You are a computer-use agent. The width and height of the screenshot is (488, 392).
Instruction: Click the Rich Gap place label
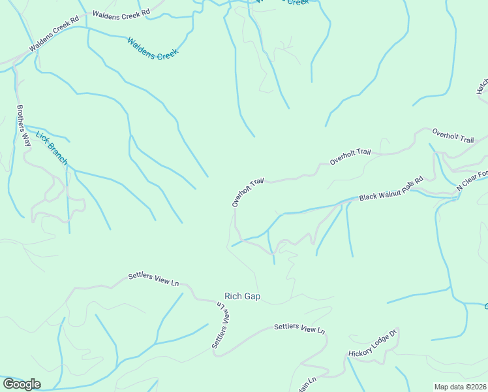tap(242, 297)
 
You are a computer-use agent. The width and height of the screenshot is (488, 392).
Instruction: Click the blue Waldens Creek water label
tap(153, 49)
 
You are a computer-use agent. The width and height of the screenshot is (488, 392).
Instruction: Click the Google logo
tap(22, 384)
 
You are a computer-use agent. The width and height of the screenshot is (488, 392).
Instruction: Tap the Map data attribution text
tap(460, 387)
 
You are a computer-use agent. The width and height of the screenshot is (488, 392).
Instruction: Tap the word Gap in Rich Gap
tap(252, 297)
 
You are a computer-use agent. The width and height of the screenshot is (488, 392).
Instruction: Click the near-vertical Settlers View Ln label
tap(222, 324)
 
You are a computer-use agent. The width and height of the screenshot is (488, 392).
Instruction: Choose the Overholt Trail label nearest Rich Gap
tap(249, 191)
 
